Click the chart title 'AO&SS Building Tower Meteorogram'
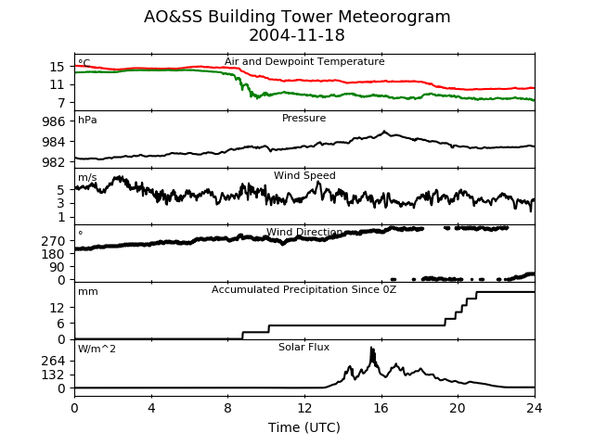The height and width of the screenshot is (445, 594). coord(297,17)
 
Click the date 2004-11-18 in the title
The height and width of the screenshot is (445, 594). coord(297,35)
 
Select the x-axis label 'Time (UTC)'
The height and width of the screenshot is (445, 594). coord(304,427)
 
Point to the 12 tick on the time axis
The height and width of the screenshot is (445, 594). coord(304,408)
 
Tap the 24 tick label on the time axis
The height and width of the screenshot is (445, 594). coord(535,408)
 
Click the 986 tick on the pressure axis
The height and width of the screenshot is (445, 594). coord(54,121)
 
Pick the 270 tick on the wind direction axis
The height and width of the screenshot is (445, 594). coord(54,241)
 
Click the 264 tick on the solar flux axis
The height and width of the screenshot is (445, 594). coord(54,361)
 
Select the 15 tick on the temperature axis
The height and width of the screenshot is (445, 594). coord(58,67)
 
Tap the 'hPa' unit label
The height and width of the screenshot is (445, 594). coord(87,120)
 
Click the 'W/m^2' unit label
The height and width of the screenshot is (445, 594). coord(97,349)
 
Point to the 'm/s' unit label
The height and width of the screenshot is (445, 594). coord(87,177)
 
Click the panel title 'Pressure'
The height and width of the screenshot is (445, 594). coord(303,118)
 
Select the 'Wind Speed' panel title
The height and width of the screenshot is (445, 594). coord(304,175)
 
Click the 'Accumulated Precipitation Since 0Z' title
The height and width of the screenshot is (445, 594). coord(303,289)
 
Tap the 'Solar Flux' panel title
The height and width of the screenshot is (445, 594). coord(303,347)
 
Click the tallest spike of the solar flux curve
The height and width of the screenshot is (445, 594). coord(371,348)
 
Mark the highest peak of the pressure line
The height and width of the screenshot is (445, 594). coord(384,132)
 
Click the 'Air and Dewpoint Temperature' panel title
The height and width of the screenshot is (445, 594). coord(304,61)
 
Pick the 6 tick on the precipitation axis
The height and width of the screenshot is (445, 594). coord(61,324)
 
